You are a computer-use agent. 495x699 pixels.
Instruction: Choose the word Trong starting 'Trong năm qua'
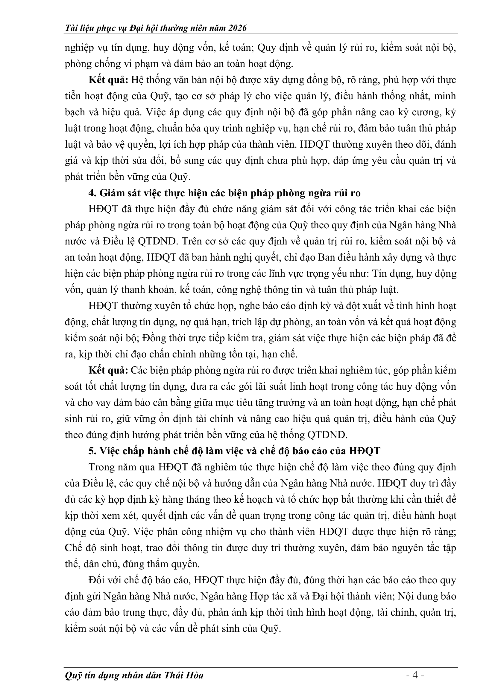tap(102, 467)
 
